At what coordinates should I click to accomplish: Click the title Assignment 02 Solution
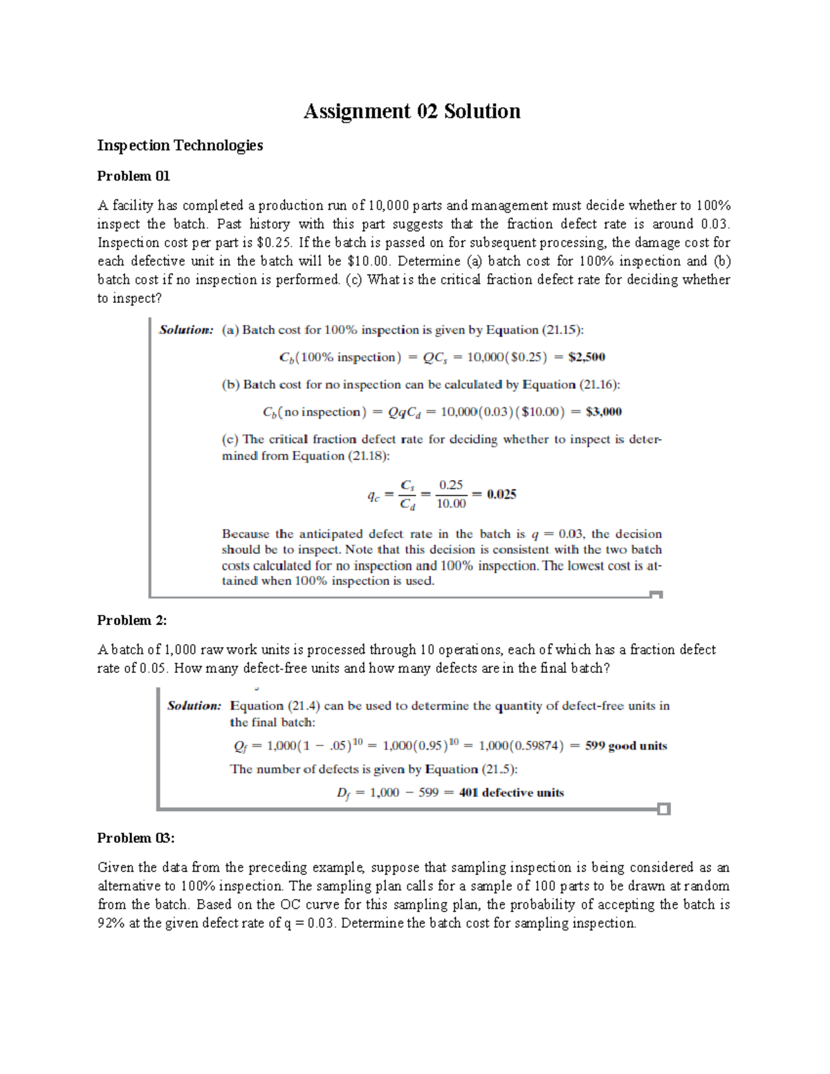tap(412, 111)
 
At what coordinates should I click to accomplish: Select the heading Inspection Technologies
tap(180, 145)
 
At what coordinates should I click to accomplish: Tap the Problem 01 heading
tap(133, 176)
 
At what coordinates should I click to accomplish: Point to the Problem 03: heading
tap(136, 838)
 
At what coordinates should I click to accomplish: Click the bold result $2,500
tap(586, 358)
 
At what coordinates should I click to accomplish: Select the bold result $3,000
tap(603, 412)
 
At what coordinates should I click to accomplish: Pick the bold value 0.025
tap(501, 494)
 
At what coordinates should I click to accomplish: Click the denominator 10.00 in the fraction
tap(451, 504)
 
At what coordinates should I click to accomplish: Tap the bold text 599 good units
tap(626, 746)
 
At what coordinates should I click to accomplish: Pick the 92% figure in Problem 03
tap(111, 923)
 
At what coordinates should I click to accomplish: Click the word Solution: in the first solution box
tap(186, 330)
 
